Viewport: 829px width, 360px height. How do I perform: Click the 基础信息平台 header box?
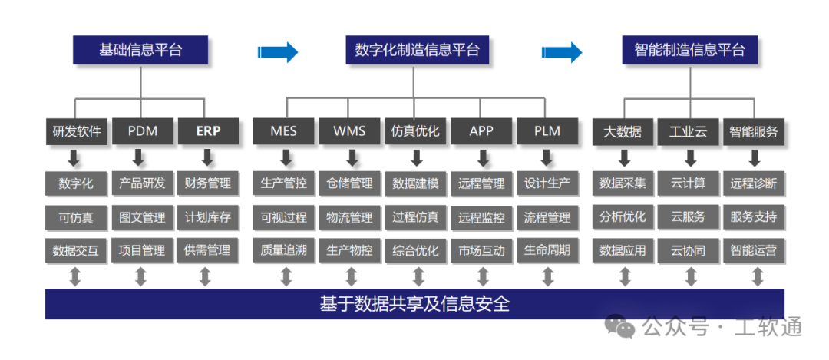coord(140,50)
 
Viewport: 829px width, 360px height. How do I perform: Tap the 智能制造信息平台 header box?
coord(689,50)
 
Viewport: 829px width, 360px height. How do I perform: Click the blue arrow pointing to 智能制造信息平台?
coord(561,51)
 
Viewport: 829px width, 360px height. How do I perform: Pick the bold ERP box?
coord(208,131)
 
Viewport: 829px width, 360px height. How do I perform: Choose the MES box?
coord(283,131)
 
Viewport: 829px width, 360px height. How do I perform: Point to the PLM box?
coord(547,131)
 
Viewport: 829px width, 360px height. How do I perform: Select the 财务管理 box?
coord(208,183)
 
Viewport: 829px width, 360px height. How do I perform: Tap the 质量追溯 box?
coord(283,250)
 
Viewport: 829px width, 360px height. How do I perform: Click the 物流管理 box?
coord(349,217)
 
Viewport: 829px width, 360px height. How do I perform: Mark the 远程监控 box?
coord(481,217)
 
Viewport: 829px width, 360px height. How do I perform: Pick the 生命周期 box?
coord(547,250)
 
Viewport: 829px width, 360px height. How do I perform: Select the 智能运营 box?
coord(754,250)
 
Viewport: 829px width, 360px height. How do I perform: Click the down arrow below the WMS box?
coord(351,157)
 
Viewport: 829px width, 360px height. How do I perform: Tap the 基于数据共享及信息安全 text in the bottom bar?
coord(414,304)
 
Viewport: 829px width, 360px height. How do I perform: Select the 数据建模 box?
coord(415,183)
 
